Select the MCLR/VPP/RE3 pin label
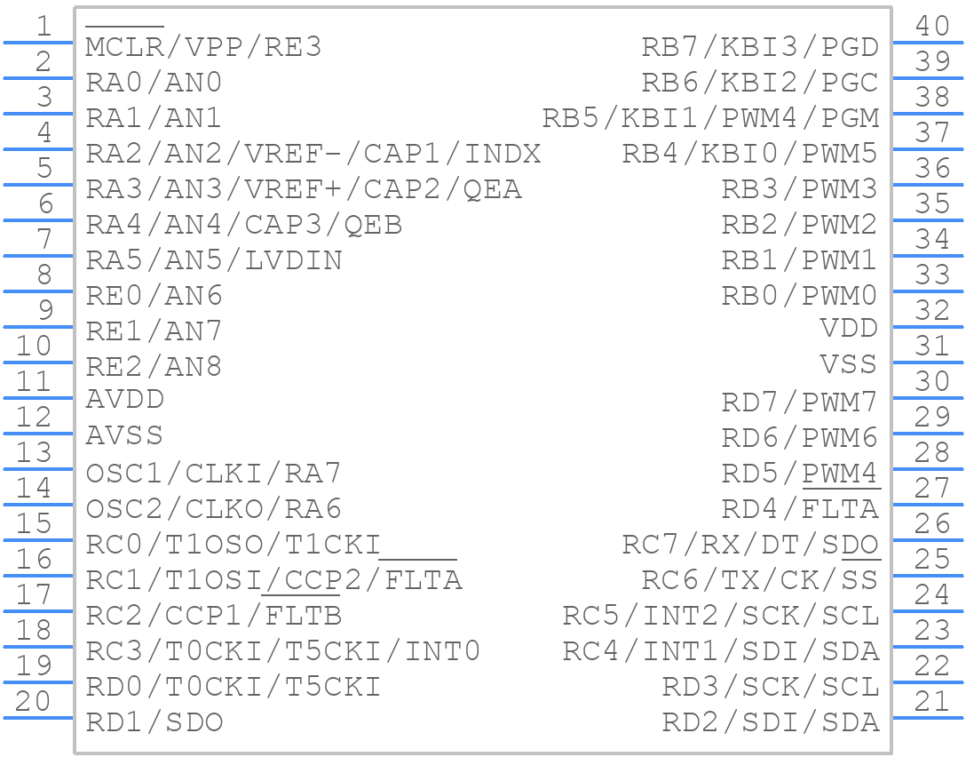click(x=203, y=47)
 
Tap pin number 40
click(x=932, y=26)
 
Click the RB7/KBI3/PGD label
click(x=760, y=47)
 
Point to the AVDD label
click(x=125, y=400)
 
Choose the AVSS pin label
click(x=124, y=435)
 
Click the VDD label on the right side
click(x=849, y=329)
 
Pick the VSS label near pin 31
click(x=849, y=364)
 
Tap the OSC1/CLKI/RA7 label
click(x=213, y=473)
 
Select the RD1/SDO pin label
click(x=154, y=722)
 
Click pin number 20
click(x=34, y=701)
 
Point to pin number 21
click(x=932, y=701)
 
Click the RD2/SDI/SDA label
click(x=771, y=722)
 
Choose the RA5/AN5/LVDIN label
click(x=214, y=260)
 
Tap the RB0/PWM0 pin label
click(x=799, y=295)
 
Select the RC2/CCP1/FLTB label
click(x=214, y=616)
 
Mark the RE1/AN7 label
click(x=154, y=331)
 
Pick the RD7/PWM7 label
click(x=799, y=402)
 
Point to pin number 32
click(x=932, y=310)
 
